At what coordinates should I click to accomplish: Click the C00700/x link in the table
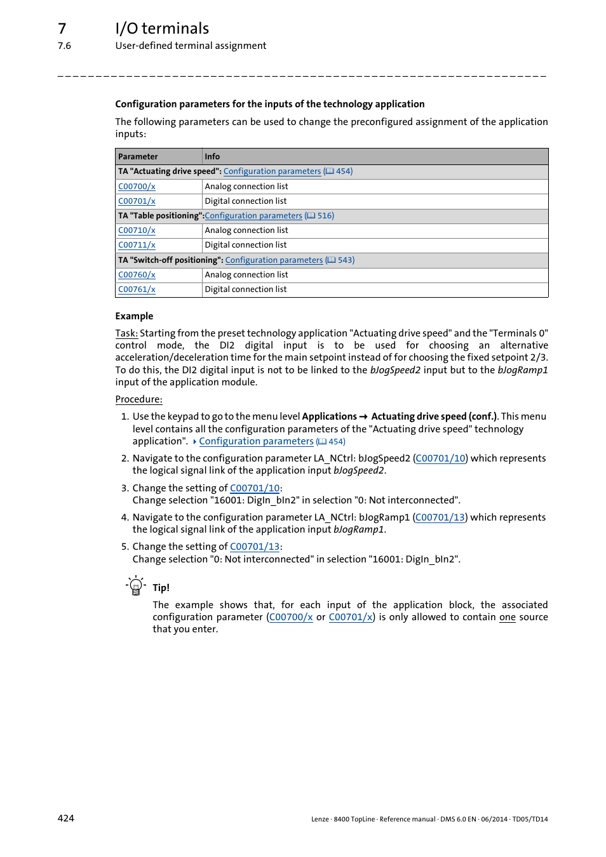(137, 187)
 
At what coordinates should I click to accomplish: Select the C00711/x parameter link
(137, 245)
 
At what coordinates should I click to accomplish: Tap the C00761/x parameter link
(137, 289)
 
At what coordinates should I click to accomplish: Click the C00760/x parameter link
(137, 275)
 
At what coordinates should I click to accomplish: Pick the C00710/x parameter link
(137, 230)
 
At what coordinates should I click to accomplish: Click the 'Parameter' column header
(138, 157)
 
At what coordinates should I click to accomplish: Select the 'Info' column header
(212, 157)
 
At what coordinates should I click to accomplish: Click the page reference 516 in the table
(325, 216)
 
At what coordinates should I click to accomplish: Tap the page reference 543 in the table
(346, 260)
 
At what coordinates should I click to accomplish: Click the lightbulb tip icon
(135, 585)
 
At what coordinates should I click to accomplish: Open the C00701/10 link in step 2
(441, 458)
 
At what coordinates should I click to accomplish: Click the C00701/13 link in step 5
(255, 547)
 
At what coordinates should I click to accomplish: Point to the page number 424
(66, 818)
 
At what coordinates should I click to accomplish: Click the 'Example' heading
(134, 316)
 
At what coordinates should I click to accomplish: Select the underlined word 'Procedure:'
(138, 399)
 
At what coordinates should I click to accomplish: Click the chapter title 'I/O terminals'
(162, 29)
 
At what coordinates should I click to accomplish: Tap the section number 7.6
(64, 46)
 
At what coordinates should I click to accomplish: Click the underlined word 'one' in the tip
(507, 617)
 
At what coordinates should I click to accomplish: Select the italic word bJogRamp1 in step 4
(358, 529)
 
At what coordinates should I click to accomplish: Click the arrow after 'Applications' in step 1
(363, 417)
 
